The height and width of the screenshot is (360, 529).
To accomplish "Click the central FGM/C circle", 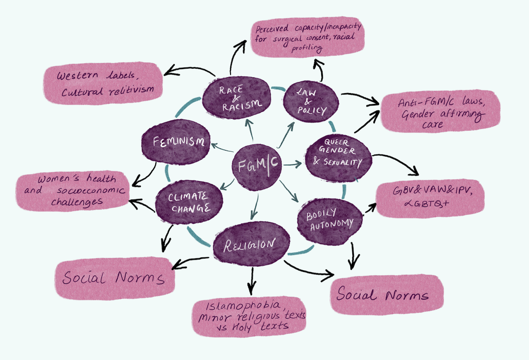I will point(256,166).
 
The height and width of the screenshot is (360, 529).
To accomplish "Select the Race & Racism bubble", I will point(237,98).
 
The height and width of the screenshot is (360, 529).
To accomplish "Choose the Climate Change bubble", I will point(189,202).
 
